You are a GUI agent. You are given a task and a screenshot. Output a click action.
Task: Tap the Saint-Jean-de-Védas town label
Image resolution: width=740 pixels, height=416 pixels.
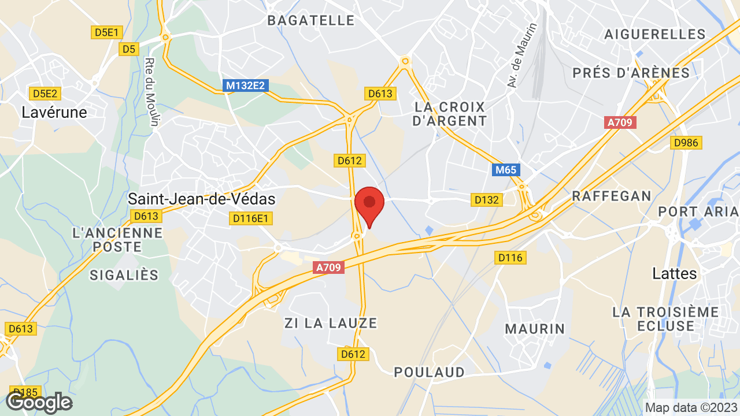[x=201, y=199]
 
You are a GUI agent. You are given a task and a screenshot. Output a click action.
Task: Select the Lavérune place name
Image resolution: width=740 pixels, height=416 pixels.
[x=54, y=112]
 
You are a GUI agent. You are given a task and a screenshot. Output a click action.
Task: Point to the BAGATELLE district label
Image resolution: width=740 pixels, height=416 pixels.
[x=311, y=20]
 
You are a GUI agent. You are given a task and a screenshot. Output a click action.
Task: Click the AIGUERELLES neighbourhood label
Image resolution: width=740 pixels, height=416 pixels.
[x=655, y=34]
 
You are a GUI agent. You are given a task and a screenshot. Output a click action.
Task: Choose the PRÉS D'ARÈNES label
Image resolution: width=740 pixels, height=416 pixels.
[x=631, y=73]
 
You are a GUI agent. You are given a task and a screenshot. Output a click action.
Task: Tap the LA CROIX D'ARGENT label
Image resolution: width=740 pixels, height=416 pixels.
[x=451, y=114]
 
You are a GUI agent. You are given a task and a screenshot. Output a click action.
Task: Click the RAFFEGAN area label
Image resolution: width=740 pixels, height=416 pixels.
[x=612, y=196]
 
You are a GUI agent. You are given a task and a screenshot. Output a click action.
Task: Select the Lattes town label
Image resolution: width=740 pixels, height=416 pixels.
[x=675, y=273]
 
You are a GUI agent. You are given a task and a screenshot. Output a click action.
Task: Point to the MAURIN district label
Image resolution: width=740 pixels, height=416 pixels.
[x=535, y=329]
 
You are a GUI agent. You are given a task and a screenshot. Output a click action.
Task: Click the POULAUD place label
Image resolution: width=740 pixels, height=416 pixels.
[x=430, y=372]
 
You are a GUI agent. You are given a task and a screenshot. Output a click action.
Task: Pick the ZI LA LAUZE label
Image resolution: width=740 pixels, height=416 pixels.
[x=331, y=323]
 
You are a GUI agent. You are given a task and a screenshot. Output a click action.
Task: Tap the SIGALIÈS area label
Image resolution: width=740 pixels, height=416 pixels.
[x=124, y=275]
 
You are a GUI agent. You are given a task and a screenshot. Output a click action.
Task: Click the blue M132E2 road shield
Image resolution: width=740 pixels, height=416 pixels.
[x=246, y=86]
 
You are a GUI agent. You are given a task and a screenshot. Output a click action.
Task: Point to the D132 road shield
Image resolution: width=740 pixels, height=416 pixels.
[x=486, y=200]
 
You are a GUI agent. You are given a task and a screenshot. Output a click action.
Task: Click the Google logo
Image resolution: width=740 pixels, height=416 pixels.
[x=39, y=402]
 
